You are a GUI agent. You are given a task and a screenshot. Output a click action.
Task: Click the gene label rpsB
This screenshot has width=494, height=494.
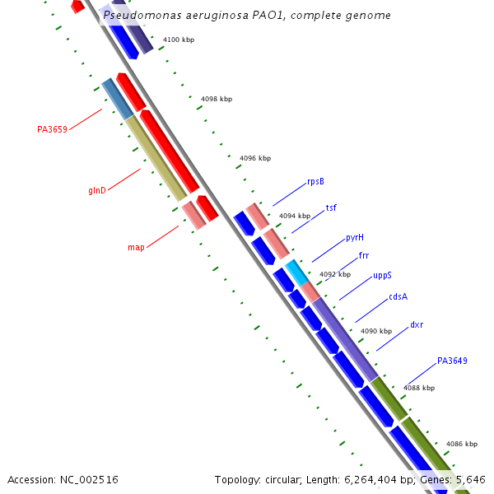[x=315, y=181]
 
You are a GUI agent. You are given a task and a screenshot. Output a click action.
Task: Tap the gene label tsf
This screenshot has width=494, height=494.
[x=331, y=207]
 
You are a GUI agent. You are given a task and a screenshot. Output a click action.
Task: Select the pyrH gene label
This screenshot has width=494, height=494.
[x=355, y=237]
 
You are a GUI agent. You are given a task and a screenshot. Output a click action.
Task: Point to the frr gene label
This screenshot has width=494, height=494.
[x=364, y=255]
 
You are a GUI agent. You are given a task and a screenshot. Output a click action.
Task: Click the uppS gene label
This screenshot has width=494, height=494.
[x=382, y=276]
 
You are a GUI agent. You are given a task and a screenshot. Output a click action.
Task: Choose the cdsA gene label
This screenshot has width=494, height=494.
[x=398, y=296]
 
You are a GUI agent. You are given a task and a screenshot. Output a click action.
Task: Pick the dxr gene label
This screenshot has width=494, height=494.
[x=417, y=324]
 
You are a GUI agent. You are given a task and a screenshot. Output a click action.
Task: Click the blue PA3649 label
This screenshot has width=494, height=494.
[x=452, y=361]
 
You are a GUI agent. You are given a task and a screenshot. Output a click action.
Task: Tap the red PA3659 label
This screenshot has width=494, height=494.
[x=52, y=129]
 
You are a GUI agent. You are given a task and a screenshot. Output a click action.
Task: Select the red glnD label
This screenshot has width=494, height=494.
[x=97, y=191]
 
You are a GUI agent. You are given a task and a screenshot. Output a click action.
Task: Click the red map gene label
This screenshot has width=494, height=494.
[x=136, y=247]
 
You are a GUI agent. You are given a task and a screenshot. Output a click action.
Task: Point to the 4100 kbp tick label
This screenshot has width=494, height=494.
[x=179, y=40]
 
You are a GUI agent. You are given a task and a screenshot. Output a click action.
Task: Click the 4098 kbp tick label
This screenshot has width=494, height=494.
[x=217, y=99]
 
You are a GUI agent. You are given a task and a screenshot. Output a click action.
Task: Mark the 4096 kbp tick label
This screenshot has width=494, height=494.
[x=255, y=158]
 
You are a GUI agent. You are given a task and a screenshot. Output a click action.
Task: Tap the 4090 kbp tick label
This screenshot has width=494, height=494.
[x=376, y=331]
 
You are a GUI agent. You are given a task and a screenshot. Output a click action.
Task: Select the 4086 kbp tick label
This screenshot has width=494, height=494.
[x=461, y=444]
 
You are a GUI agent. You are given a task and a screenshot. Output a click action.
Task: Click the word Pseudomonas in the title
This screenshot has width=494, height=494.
[x=139, y=16]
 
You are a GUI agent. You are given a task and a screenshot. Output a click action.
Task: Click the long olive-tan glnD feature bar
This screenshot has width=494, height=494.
[x=156, y=158]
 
